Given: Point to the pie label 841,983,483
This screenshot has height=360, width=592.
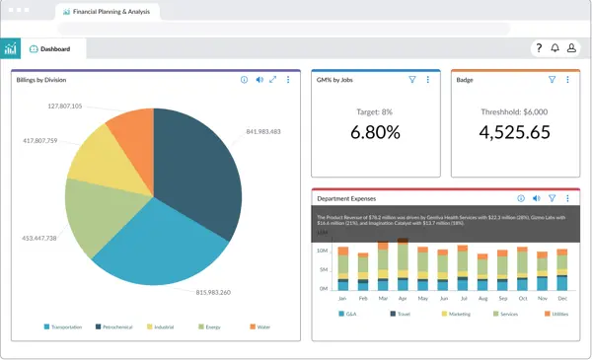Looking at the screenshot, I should tap(263, 131).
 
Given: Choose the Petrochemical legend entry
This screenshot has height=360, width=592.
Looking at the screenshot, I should tap(114, 326).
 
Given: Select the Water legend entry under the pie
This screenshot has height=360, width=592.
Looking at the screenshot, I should tap(260, 326).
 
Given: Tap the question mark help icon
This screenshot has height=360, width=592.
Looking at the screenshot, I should tap(538, 48).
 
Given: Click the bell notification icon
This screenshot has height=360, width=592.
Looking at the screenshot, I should tap(555, 48).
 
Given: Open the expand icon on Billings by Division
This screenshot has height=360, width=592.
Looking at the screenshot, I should tap(272, 80).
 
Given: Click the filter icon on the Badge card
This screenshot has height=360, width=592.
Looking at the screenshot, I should tap(552, 80).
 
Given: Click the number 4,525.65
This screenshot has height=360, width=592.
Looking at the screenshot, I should tap(513, 132).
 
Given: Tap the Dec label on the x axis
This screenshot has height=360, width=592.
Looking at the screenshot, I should tap(562, 297).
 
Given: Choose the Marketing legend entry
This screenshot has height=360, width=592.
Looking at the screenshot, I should tap(457, 314).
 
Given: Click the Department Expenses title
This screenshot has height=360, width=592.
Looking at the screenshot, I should tap(350, 197).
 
